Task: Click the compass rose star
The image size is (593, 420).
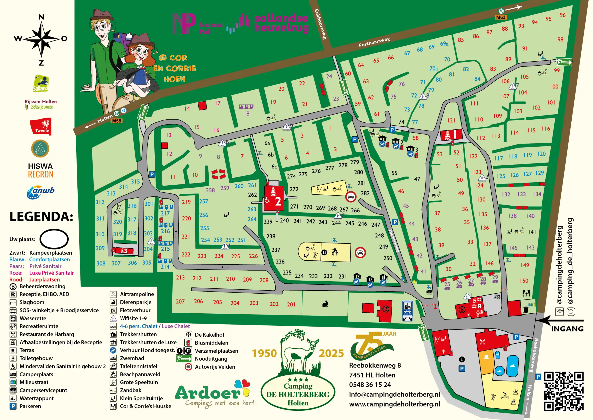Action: [41, 39]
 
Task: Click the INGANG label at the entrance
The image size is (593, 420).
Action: [567, 329]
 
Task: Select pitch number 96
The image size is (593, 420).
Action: [563, 15]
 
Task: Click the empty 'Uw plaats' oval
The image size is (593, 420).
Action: [54, 239]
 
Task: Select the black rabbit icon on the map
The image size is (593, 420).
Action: [325, 304]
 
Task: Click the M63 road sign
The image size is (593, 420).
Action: [501, 17]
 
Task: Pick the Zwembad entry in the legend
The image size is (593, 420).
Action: [132, 358]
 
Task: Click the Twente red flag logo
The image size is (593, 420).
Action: [41, 126]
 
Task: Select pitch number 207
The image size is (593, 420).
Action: [180, 301]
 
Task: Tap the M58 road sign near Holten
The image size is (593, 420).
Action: [116, 121]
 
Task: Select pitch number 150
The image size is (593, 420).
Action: [524, 281]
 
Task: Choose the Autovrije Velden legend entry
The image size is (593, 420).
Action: [215, 367]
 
